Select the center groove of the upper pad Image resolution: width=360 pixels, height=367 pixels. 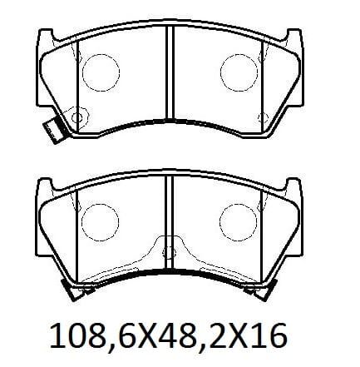pos(170,72)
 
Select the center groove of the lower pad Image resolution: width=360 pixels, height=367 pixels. pos(169,222)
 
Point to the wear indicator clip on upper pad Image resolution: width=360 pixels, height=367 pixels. pos(53,130)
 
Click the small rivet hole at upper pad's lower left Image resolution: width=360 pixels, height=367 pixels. pos(76,117)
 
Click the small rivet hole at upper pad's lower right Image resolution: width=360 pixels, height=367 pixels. pos(263,117)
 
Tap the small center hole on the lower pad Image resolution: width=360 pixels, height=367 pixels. pos(169,253)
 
